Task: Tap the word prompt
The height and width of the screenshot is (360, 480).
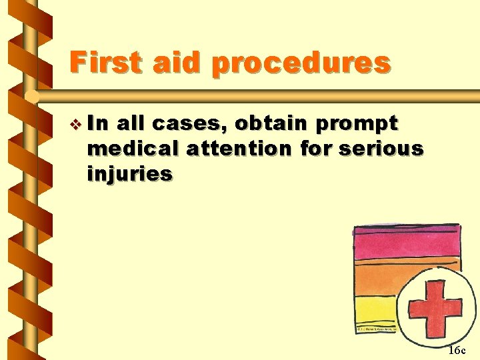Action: [x=357, y=125]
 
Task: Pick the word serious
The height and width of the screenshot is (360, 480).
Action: [x=381, y=149]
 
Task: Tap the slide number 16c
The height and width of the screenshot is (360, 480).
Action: [x=457, y=349]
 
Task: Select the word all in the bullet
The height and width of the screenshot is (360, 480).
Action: [x=131, y=124]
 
